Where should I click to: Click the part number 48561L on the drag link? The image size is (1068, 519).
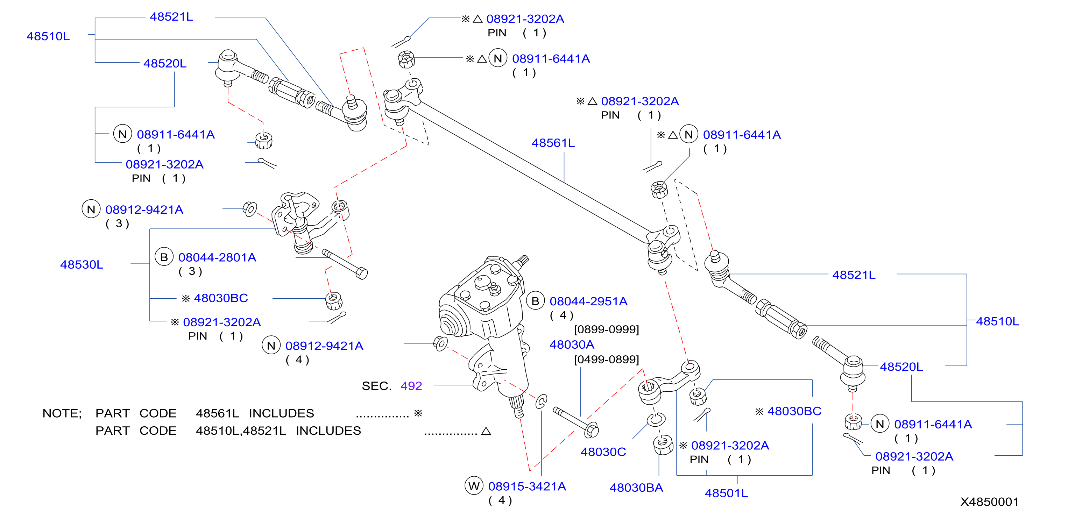tap(553, 143)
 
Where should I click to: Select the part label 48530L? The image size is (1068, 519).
tap(82, 264)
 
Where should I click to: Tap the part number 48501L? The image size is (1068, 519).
tap(726, 493)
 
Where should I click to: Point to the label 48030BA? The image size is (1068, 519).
tap(636, 488)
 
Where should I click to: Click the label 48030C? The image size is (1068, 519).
tap(603, 452)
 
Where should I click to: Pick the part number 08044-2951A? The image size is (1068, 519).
tap(588, 301)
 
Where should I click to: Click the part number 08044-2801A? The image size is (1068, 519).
tap(217, 257)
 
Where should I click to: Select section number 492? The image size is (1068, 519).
tap(411, 386)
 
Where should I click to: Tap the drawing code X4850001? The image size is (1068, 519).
tap(990, 502)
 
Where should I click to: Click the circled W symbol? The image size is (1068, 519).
tap(474, 486)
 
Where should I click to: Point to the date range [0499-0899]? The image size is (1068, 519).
tap(607, 360)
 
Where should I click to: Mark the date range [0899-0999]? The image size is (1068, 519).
tap(607, 329)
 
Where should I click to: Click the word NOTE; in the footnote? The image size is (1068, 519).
tap(62, 413)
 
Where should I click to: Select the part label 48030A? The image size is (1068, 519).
tap(572, 344)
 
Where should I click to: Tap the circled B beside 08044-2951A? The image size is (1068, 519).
tap(535, 301)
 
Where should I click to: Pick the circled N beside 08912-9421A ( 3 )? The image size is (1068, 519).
tap(91, 209)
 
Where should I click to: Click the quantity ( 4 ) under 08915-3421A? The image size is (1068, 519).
tap(500, 500)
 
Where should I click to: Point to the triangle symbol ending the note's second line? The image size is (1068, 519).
tap(486, 431)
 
